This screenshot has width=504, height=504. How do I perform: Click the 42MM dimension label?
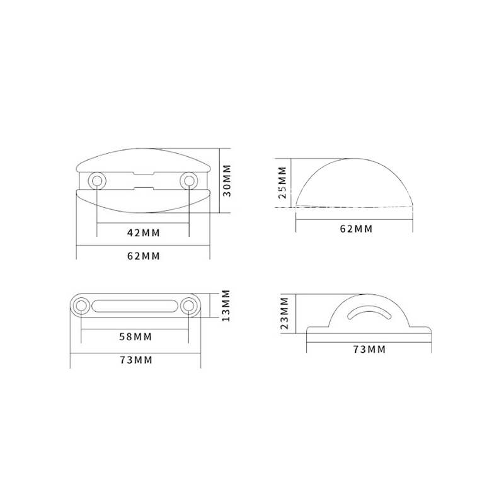(x=144, y=232)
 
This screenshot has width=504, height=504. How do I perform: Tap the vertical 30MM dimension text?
(x=227, y=180)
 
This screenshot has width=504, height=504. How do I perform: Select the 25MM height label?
(x=282, y=182)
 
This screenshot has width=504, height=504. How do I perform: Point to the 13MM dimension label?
(x=226, y=306)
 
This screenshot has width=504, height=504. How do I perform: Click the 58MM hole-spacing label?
(x=135, y=337)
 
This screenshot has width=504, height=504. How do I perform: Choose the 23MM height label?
(x=285, y=313)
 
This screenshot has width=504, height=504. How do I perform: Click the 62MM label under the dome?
(x=356, y=229)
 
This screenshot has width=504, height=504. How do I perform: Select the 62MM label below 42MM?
(x=144, y=256)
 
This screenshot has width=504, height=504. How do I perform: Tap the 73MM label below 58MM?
(x=136, y=360)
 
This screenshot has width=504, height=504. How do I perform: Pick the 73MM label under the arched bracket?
(x=369, y=349)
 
